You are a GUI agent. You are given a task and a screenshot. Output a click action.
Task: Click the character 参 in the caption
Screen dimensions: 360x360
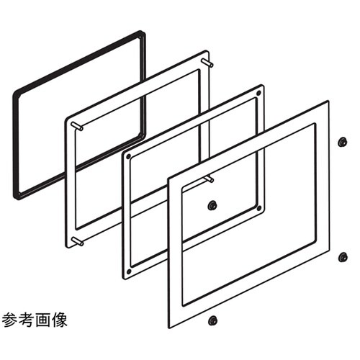point(9,320)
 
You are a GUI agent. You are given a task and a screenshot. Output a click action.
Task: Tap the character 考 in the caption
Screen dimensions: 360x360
point(26,320)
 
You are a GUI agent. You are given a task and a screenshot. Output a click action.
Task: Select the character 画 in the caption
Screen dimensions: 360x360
point(42,320)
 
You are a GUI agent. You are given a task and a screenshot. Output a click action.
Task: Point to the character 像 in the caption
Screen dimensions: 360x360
point(59,320)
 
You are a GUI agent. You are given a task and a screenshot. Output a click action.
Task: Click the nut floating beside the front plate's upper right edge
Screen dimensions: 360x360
point(342,142)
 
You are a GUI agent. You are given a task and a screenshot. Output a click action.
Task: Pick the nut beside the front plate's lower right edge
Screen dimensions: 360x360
point(343,257)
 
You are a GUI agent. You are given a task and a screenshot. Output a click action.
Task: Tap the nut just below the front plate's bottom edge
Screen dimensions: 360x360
point(212,320)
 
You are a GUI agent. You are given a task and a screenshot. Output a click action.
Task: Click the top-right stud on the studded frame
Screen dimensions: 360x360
point(208,62)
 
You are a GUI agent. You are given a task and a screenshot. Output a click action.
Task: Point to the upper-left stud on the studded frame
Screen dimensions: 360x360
point(77,126)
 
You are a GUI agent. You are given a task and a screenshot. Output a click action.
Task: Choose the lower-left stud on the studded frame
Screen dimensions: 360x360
point(78,241)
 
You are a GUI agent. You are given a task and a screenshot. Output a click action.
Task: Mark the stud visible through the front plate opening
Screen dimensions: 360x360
point(210,179)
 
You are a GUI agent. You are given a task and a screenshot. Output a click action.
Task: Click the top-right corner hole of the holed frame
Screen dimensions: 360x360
point(258,93)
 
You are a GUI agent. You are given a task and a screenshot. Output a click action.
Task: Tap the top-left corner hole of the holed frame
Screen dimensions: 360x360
point(129,157)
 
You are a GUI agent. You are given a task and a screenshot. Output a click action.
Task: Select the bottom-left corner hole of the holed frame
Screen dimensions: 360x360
point(129,271)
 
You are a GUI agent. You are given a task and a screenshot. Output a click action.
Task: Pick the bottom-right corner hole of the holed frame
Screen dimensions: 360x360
point(259,208)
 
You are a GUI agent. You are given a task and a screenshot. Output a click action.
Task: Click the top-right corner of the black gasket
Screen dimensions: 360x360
point(144,32)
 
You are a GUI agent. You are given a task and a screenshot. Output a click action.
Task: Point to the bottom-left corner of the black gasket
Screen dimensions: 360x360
point(16,197)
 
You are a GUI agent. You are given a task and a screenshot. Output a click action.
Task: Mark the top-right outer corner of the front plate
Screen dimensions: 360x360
point(329,102)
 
